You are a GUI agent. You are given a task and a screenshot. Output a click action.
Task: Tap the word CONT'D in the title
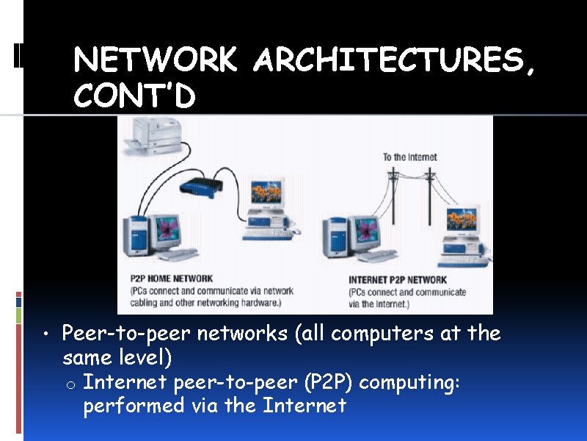(x=134, y=96)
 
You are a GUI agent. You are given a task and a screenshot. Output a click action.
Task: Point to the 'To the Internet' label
(x=409, y=157)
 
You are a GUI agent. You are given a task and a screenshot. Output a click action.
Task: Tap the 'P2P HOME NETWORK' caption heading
(x=172, y=279)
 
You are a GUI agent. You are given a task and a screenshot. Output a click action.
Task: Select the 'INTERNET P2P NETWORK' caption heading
(x=398, y=279)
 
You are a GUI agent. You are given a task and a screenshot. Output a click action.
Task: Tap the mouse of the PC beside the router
(x=295, y=232)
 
